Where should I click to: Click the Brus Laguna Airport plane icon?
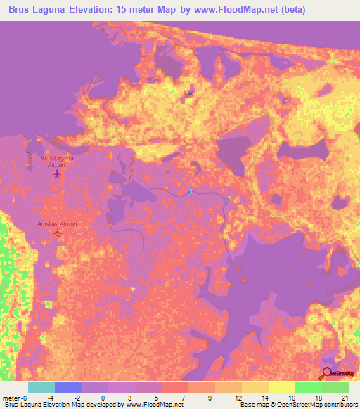pyautogui.click(x=58, y=174)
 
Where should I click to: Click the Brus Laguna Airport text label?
pyautogui.click(x=58, y=162)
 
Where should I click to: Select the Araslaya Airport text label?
pyautogui.click(x=57, y=223)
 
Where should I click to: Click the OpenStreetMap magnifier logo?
pyautogui.click(x=326, y=373)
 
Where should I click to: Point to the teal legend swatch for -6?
pyautogui.click(x=41, y=387)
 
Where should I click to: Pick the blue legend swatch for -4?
pyautogui.click(x=68, y=387)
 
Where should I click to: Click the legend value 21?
pyautogui.click(x=345, y=397)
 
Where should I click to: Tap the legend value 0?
pyautogui.click(x=103, y=397)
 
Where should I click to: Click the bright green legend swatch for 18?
pyautogui.click(x=309, y=387)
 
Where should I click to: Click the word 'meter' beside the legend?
pyautogui.click(x=12, y=397)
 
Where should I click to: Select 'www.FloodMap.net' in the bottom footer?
pyautogui.click(x=153, y=405)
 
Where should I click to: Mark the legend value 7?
pyautogui.click(x=184, y=397)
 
